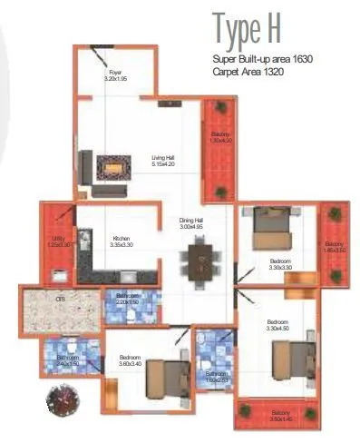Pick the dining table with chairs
pyautogui.click(x=199, y=262)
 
